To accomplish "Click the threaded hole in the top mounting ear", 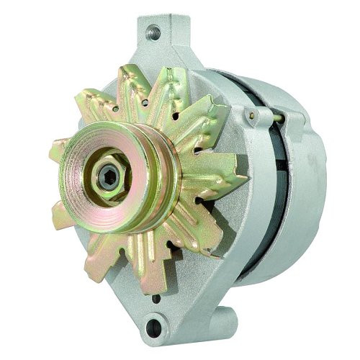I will tap(153, 32).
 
